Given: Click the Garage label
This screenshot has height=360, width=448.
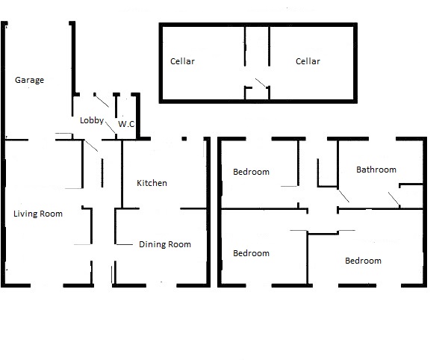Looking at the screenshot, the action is point(29,80).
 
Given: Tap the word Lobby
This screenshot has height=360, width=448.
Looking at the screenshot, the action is point(92,120).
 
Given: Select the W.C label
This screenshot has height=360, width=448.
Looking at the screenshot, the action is point(126,124).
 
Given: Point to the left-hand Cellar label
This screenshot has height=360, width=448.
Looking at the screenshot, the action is point(182,61).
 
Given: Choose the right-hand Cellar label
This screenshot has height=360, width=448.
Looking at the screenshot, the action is point(308,61).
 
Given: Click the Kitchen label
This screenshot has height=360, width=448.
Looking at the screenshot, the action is point(152,183).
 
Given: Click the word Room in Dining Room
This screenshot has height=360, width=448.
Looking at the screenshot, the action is point(180,244).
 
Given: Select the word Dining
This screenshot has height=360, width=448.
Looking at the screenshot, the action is point(152,244).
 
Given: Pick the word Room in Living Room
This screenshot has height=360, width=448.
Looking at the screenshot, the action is point(51,214).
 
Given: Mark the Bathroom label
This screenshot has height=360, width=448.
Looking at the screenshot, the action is point(376,170).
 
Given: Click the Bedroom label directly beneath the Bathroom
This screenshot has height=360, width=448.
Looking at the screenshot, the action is point(363,261).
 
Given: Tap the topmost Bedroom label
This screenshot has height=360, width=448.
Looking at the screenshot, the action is point(251,172).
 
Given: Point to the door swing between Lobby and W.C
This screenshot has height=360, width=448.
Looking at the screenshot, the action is point(111,127).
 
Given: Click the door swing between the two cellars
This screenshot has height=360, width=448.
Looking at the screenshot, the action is point(261,83).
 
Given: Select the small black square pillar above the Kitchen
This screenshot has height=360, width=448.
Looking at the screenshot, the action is point(184,139).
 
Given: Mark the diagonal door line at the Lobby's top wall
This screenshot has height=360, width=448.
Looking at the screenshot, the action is point(102,100).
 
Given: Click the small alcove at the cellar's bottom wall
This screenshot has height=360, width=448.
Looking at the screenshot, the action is point(257,93).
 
